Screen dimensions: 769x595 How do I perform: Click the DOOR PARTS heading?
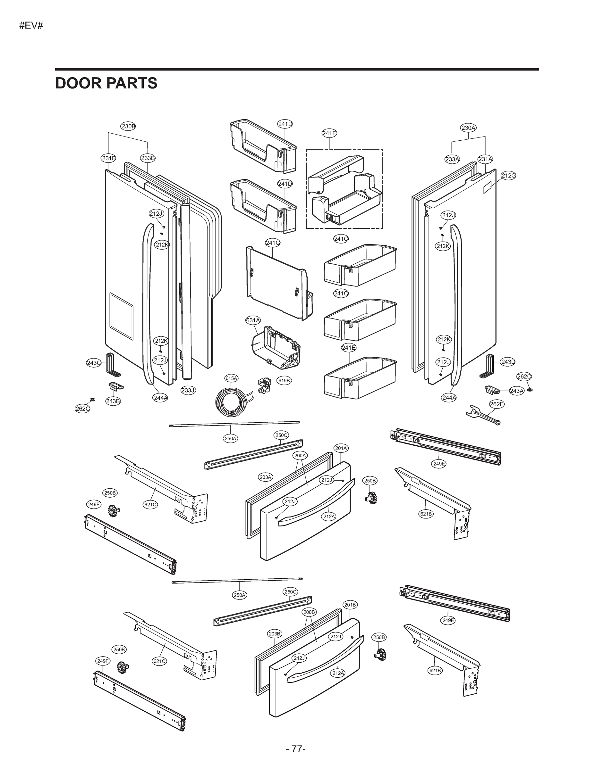(106, 83)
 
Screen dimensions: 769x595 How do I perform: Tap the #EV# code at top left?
(31, 26)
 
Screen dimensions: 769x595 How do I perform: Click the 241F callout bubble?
(329, 133)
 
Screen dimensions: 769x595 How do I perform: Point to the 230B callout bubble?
(128, 126)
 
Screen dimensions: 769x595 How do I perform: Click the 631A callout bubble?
(253, 320)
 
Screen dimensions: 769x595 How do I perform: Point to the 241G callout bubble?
(273, 243)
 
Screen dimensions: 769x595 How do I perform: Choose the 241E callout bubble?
(349, 348)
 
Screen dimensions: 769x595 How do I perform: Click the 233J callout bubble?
(188, 390)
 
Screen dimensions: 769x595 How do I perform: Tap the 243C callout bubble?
(94, 363)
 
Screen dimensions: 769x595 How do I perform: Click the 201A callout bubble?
(341, 448)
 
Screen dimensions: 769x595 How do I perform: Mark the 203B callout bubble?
(275, 634)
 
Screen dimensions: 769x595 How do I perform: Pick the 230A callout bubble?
(468, 128)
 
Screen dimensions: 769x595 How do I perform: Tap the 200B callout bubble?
(309, 612)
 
